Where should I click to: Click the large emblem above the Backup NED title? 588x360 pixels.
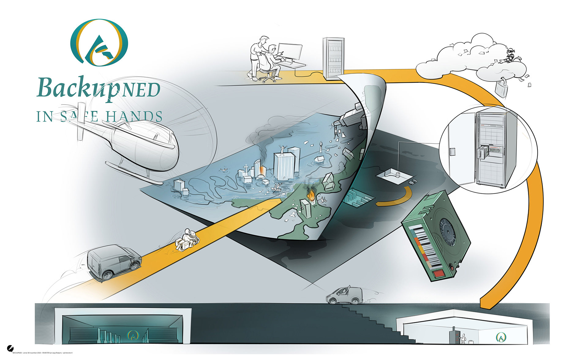tap(99, 43)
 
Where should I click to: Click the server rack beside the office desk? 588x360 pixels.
tap(333, 58)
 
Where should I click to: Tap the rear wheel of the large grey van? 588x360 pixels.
tap(107, 275)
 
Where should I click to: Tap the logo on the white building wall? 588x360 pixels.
tap(501, 337)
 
